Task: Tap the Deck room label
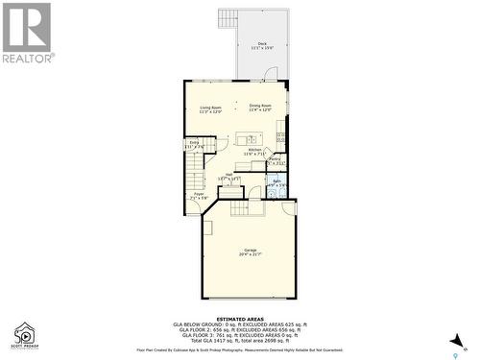point(262,45)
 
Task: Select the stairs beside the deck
point(228,19)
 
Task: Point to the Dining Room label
point(261,108)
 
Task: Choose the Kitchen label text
point(255,152)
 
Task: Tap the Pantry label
point(275,160)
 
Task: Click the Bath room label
point(276,182)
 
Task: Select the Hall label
point(228,177)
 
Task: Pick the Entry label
point(195,144)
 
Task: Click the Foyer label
point(200,196)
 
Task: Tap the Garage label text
point(250,252)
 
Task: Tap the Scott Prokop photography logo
point(24,333)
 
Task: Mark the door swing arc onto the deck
point(271,74)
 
